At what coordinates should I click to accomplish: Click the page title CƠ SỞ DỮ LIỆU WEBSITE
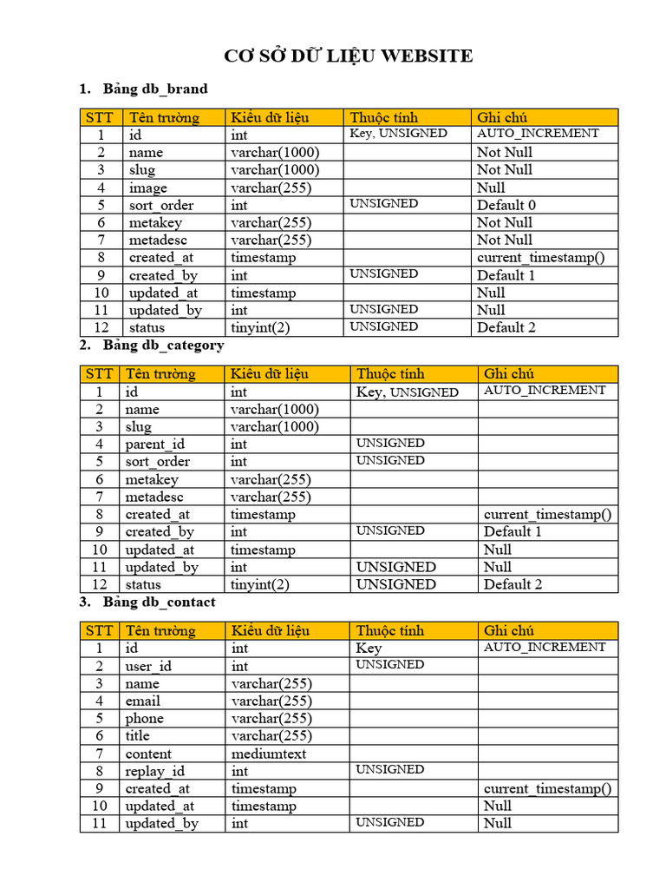click(348, 56)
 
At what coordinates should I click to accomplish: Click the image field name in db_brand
click(148, 188)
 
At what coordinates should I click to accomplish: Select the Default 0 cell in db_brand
click(506, 205)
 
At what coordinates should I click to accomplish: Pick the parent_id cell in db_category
click(155, 444)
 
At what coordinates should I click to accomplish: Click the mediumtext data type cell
click(268, 754)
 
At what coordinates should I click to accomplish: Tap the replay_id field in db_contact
click(155, 771)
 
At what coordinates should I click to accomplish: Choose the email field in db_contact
click(143, 701)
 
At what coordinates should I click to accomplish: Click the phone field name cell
click(145, 718)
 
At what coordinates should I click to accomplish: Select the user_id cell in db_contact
click(149, 666)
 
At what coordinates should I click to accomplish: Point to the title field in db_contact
click(138, 735)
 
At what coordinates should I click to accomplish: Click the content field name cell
click(148, 754)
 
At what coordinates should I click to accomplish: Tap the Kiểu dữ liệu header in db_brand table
click(270, 117)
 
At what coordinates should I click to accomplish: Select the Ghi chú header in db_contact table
click(509, 630)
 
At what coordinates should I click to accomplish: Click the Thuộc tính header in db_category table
click(390, 374)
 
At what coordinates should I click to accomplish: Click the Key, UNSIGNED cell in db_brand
click(398, 134)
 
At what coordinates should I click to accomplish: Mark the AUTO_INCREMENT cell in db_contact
click(545, 647)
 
